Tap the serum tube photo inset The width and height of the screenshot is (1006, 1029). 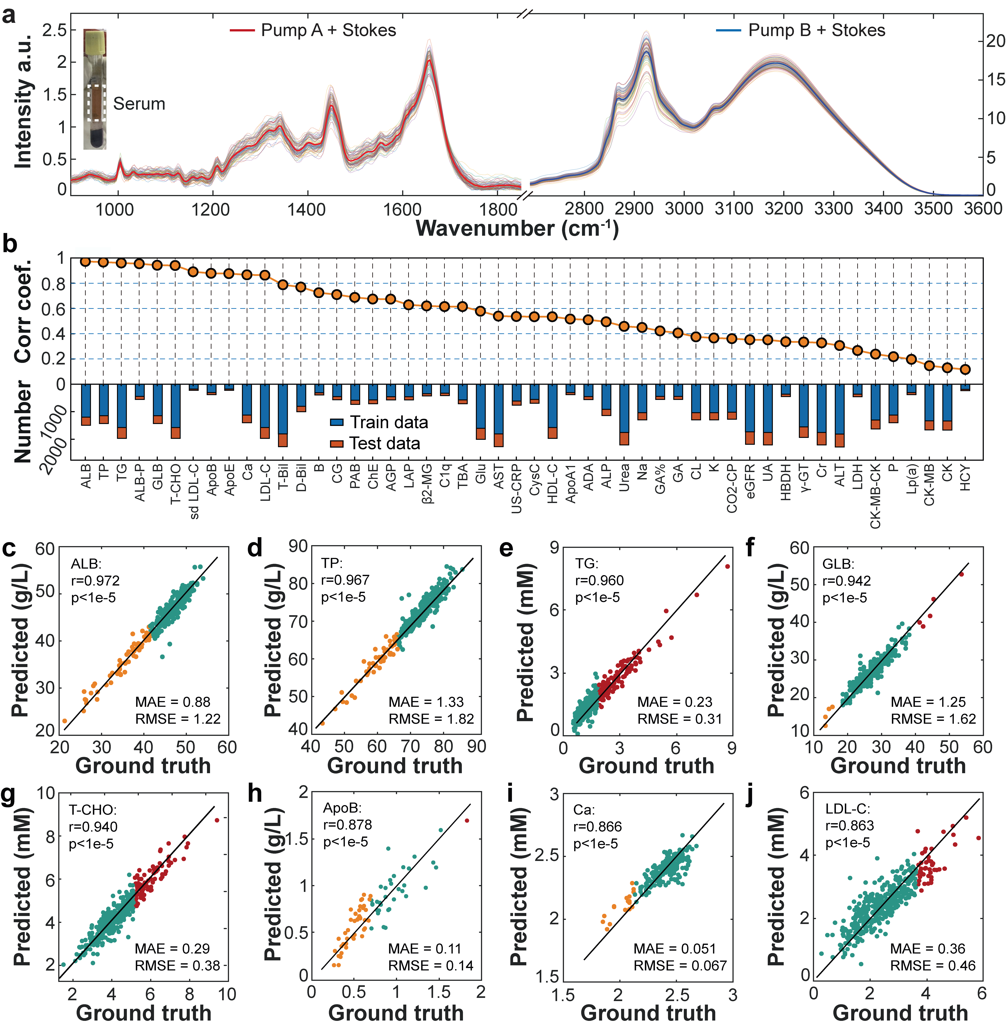tap(95, 90)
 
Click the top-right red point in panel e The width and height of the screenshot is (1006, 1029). tap(728, 566)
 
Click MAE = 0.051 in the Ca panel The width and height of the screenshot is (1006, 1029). tap(675, 949)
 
